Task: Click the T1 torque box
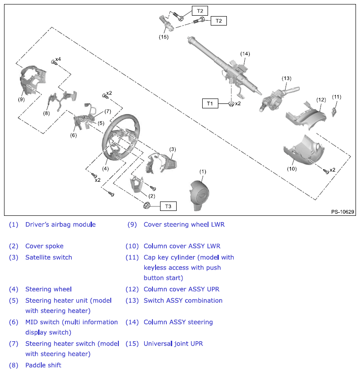pyautogui.click(x=209, y=103)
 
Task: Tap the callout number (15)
pyautogui.click(x=164, y=37)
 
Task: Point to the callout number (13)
pyautogui.click(x=286, y=78)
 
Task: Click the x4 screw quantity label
pyautogui.click(x=58, y=60)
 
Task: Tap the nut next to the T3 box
pyautogui.click(x=146, y=206)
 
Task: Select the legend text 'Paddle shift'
pyautogui.click(x=43, y=365)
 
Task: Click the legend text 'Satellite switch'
pyautogui.click(x=48, y=257)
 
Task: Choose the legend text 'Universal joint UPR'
pyautogui.click(x=173, y=343)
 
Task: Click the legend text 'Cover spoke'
pyautogui.click(x=44, y=246)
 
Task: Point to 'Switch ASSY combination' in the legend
pyautogui.click(x=183, y=300)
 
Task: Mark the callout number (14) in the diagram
pyautogui.click(x=244, y=54)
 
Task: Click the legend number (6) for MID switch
pyautogui.click(x=13, y=322)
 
